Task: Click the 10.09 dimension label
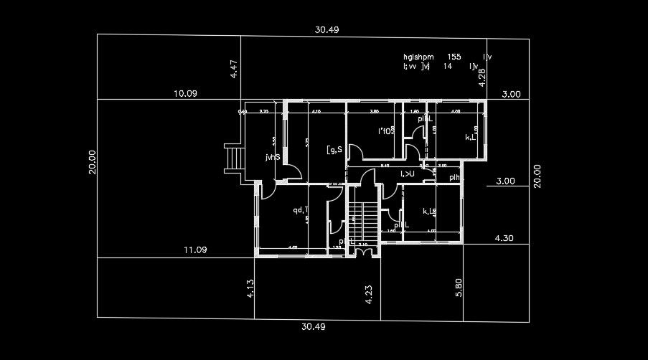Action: click(x=185, y=93)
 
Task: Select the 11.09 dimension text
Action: click(x=195, y=250)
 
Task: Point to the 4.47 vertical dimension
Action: click(x=234, y=70)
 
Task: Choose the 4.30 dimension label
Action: click(x=505, y=237)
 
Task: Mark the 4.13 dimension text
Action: click(x=250, y=288)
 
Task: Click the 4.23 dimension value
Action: click(x=369, y=295)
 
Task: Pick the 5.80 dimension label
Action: click(x=459, y=288)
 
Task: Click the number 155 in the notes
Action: click(x=454, y=56)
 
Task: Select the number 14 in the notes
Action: click(x=448, y=66)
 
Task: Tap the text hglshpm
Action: click(x=418, y=56)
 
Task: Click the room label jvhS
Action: click(x=272, y=156)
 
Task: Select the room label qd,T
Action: click(x=300, y=210)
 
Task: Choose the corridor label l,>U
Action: click(x=407, y=174)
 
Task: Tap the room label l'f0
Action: click(x=385, y=131)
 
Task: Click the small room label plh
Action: click(x=454, y=177)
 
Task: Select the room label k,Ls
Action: click(x=430, y=211)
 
